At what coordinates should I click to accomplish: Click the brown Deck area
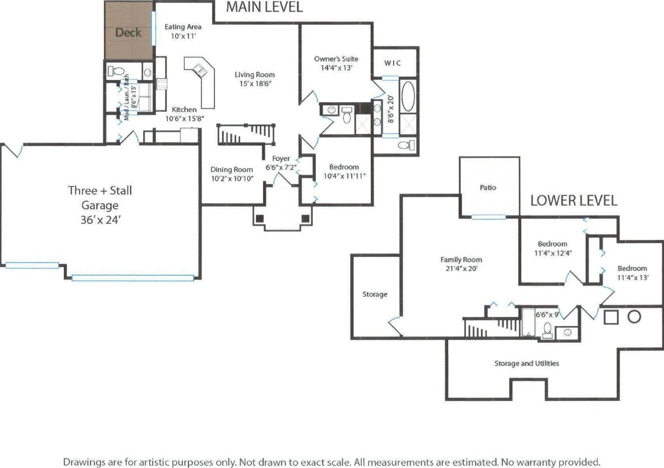click(x=129, y=30)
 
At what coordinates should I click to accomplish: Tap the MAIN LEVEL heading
click(x=264, y=7)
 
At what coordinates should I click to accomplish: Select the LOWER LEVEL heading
click(x=574, y=201)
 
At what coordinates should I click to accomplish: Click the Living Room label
click(x=254, y=75)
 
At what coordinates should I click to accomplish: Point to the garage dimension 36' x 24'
click(x=101, y=220)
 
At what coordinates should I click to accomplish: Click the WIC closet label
click(x=393, y=63)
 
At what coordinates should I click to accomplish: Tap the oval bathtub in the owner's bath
click(x=408, y=96)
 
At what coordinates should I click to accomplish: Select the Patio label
click(x=488, y=188)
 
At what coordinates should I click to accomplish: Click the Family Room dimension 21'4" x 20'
click(x=461, y=268)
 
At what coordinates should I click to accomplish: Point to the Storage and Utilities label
click(x=526, y=364)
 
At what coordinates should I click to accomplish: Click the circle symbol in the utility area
click(x=634, y=317)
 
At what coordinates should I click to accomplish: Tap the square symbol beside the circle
click(x=611, y=317)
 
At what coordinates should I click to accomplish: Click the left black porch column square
click(x=260, y=218)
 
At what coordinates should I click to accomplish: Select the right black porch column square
click(x=306, y=218)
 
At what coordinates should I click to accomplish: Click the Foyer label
click(x=281, y=159)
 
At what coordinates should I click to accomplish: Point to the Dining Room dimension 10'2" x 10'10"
click(x=232, y=179)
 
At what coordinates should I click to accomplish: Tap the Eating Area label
click(x=183, y=27)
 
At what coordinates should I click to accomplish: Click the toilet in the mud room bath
click(x=116, y=71)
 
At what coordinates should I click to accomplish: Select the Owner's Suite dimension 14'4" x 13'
click(x=336, y=68)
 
